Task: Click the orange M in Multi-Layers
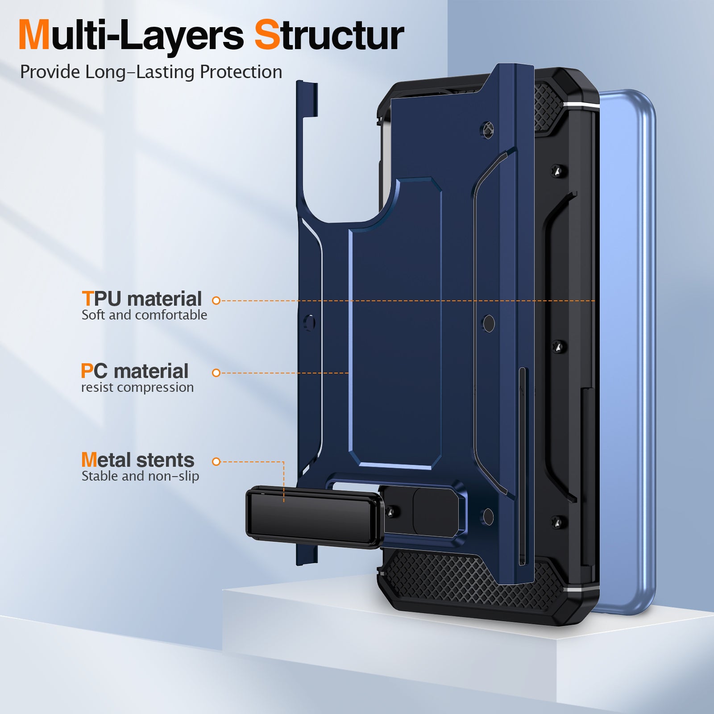pyautogui.click(x=34, y=36)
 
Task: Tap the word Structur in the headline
pyautogui.click(x=329, y=36)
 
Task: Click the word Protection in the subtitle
pyautogui.click(x=241, y=72)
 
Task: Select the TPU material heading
pyautogui.click(x=142, y=299)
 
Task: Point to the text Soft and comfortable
pyautogui.click(x=144, y=315)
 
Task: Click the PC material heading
pyautogui.click(x=135, y=371)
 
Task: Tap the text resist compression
pyautogui.click(x=137, y=387)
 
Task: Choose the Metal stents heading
pyautogui.click(x=137, y=460)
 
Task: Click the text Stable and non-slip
pyautogui.click(x=140, y=476)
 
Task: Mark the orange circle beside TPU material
pyautogui.click(x=216, y=301)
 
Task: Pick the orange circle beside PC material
pyautogui.click(x=216, y=373)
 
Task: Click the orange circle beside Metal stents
pyautogui.click(x=216, y=461)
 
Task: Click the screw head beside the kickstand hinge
pyautogui.click(x=392, y=512)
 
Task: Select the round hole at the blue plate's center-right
pyautogui.click(x=489, y=324)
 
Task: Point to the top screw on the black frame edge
pyautogui.click(x=556, y=170)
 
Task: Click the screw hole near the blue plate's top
pyautogui.click(x=488, y=129)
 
